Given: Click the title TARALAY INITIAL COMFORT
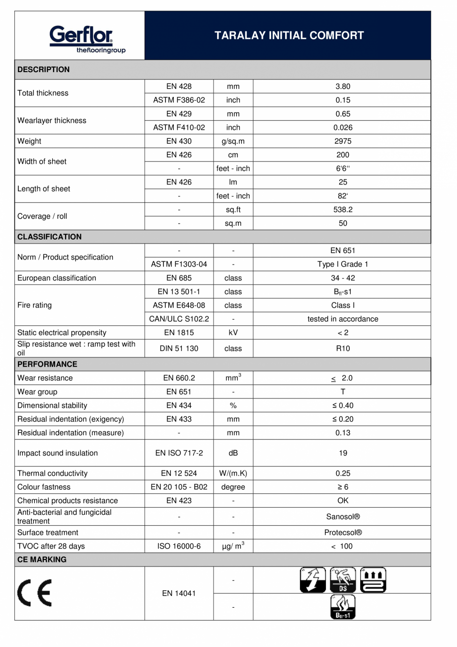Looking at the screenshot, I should tap(289, 35).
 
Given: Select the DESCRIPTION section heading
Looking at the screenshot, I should tap(44, 70).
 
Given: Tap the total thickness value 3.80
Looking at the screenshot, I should tap(342, 87).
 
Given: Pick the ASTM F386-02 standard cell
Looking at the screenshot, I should tap(179, 100).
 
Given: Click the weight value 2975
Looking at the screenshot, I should tap(342, 141).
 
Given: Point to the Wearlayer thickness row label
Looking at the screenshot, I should tap(52, 120).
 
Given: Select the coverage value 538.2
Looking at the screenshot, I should tap(342, 210).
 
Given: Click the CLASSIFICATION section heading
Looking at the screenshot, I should tap(49, 237).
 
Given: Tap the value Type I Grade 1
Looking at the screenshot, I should tap(342, 264).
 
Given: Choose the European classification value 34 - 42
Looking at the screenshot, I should tap(342, 278).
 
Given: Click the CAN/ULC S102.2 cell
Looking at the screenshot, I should tap(179, 319).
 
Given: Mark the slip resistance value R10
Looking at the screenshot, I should tap(342, 349).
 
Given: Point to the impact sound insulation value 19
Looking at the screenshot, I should tap(342, 453).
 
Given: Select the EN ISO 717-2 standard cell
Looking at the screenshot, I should tap(179, 453).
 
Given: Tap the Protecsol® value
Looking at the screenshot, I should tap(342, 533).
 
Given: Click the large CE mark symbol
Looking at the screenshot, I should tap(34, 593).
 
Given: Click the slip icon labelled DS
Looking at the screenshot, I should tap(343, 580).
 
